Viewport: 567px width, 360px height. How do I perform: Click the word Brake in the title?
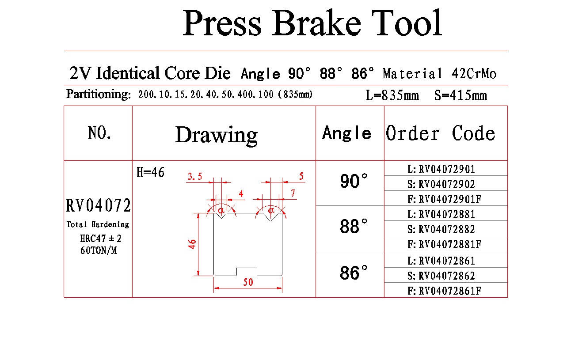(316, 23)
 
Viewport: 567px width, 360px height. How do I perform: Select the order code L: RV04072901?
(441, 169)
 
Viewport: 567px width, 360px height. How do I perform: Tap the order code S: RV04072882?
(441, 229)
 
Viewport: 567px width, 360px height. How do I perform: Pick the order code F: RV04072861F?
(444, 291)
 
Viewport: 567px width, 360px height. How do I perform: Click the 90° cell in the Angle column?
(354, 181)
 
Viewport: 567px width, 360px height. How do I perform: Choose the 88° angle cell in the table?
(354, 226)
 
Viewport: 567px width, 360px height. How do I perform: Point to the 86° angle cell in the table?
(354, 273)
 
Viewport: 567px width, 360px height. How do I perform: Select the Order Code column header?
(440, 133)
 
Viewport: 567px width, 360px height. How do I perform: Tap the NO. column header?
(99, 133)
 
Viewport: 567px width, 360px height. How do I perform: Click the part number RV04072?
(99, 205)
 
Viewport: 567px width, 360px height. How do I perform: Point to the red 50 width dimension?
(248, 282)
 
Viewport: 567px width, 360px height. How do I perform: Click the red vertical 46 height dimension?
(192, 244)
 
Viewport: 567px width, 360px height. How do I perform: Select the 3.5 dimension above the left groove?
(195, 176)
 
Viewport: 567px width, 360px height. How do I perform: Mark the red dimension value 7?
(293, 193)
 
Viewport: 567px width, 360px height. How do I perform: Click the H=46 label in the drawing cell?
(150, 172)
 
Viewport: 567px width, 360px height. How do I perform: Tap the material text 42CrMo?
(474, 74)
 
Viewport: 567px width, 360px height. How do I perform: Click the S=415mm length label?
(460, 95)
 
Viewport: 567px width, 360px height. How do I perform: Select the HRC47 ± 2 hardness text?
(101, 239)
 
